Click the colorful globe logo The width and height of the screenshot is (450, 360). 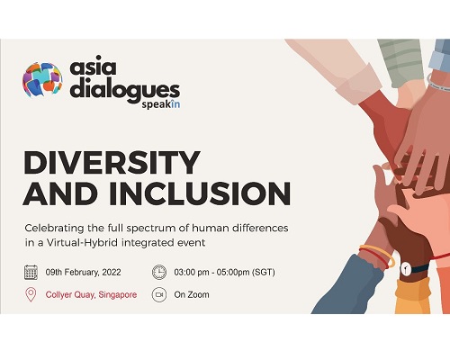(42, 79)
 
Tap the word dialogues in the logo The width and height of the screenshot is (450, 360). (125, 90)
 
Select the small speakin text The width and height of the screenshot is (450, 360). (161, 104)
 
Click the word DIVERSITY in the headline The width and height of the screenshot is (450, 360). (112, 162)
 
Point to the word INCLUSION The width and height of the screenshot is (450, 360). (200, 193)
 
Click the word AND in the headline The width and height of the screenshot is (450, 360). (61, 193)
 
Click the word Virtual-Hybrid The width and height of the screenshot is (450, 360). (82, 242)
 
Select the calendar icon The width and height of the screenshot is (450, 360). (31, 273)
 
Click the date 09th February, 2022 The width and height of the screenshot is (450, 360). (83, 273)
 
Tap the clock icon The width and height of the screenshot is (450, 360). (159, 272)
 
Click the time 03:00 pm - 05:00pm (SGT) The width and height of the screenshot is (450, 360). (224, 273)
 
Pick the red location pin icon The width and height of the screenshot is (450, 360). (31, 295)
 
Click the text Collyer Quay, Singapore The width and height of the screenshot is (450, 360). (91, 294)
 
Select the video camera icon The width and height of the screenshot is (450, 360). (159, 294)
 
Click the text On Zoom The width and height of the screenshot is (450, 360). (192, 294)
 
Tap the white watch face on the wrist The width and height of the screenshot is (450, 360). (405, 268)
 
